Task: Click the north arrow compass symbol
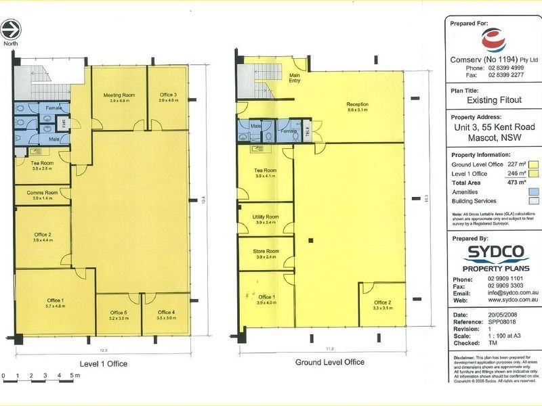pyautogui.click(x=12, y=29)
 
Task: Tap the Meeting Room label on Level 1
pyautogui.click(x=119, y=95)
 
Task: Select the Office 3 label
pyautogui.click(x=168, y=95)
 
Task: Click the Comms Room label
pyautogui.click(x=42, y=193)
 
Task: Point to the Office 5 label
pyautogui.click(x=119, y=312)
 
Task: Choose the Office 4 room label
pyautogui.click(x=166, y=312)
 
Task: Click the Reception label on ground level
pyautogui.click(x=357, y=104)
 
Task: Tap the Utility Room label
pyautogui.click(x=266, y=217)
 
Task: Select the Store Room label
pyautogui.click(x=266, y=252)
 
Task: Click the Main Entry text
pyautogui.click(x=295, y=78)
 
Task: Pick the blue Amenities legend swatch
pyautogui.click(x=533, y=191)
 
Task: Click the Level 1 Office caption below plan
pyautogui.click(x=103, y=363)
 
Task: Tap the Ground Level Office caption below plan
pyautogui.click(x=329, y=362)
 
